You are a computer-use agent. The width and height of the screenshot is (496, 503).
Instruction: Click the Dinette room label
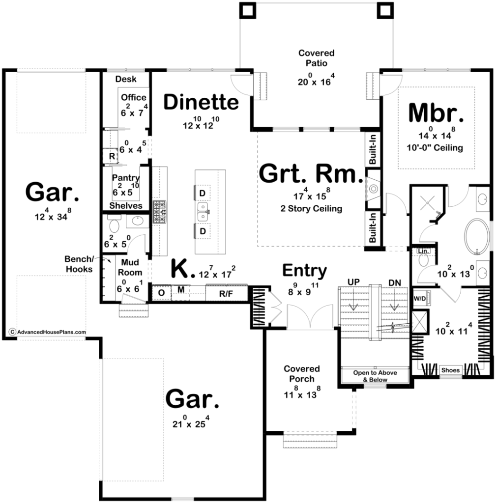(201, 102)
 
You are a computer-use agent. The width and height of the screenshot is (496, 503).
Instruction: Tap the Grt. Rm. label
(311, 174)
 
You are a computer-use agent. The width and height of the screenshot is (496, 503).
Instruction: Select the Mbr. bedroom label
(436, 113)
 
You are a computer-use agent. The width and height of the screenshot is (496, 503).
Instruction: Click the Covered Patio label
(316, 58)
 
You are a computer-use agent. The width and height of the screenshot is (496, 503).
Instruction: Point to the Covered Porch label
(301, 374)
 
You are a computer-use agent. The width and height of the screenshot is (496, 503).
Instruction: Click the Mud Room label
(130, 268)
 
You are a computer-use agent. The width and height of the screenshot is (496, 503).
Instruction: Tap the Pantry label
(125, 177)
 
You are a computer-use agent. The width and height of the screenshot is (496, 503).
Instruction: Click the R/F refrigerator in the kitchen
(226, 293)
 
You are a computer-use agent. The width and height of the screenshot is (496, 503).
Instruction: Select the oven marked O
(161, 293)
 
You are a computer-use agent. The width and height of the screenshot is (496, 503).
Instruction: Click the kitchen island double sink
(203, 212)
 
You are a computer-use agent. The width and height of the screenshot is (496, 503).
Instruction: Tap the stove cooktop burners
(160, 212)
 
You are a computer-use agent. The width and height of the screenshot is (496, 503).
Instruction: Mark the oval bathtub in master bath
(477, 237)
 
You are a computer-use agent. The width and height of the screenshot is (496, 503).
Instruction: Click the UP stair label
(353, 282)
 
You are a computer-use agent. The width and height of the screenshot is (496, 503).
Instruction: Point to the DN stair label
(395, 282)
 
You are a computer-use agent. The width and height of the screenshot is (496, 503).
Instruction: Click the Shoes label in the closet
(450, 370)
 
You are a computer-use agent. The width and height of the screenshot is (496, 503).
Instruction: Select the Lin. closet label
(424, 251)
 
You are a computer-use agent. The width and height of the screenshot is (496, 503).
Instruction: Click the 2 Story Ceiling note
(311, 208)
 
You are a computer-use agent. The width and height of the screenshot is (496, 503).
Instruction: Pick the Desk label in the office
(126, 79)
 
